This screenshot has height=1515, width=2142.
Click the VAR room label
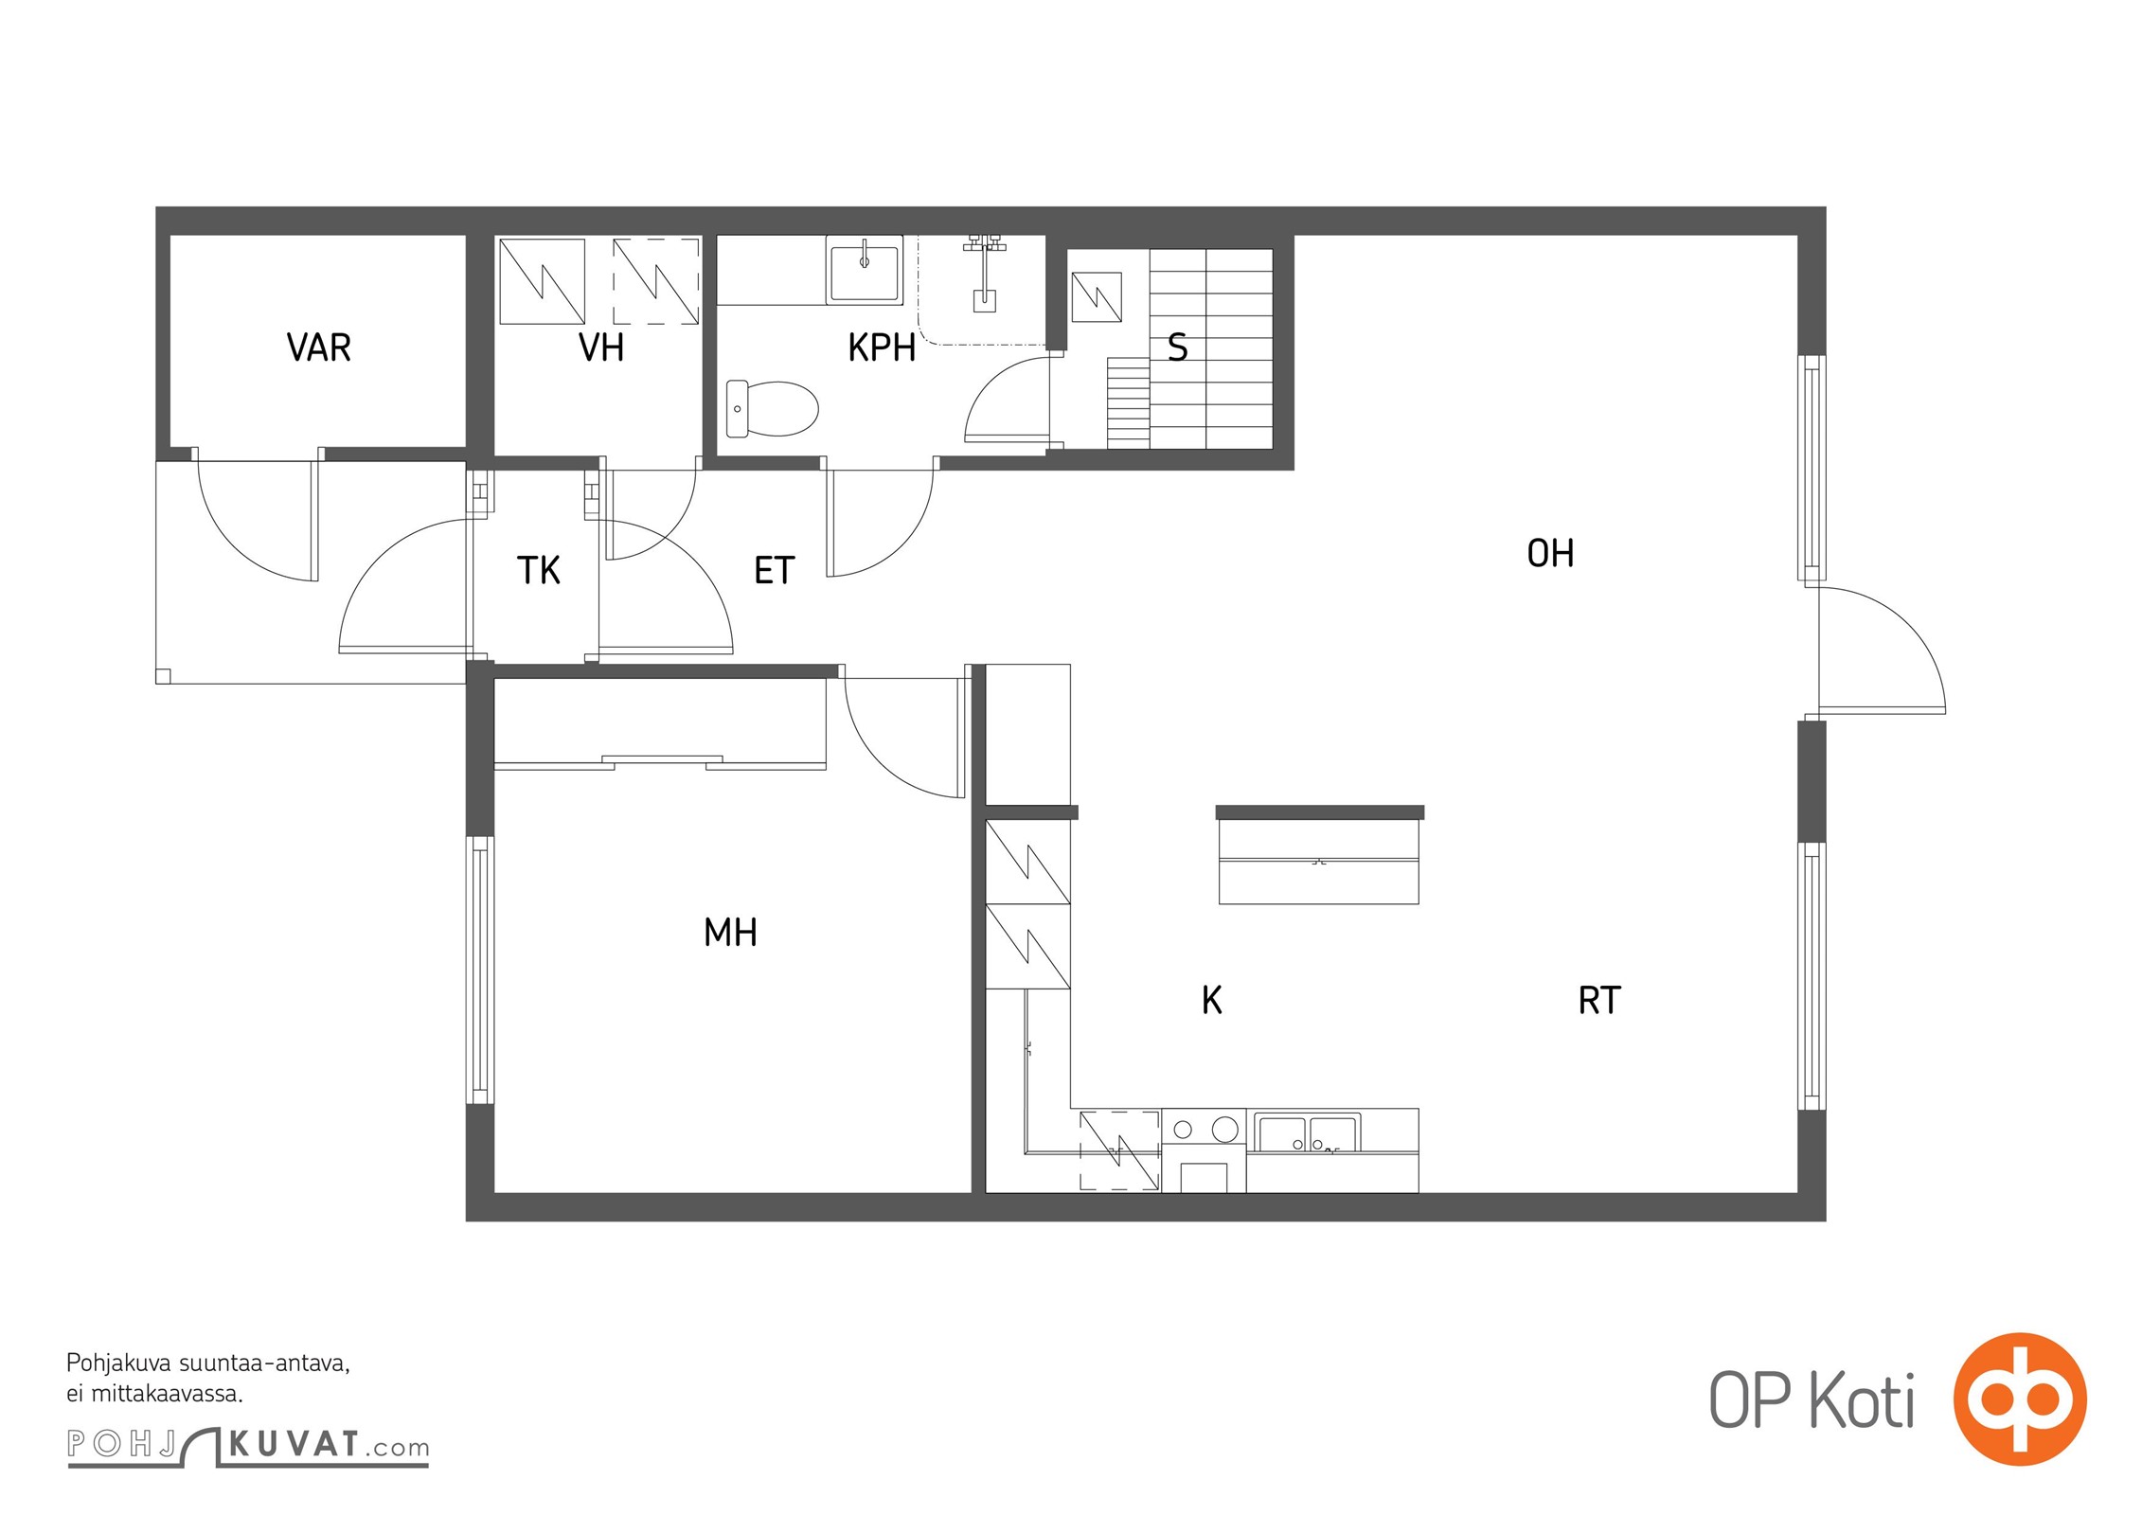coord(319,348)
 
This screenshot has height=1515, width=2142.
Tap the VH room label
coord(601,348)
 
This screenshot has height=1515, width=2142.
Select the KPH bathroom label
coord(882,348)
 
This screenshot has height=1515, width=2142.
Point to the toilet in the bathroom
coord(772,409)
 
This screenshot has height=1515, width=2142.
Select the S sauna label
coord(1178,348)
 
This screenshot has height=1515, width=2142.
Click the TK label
coord(539,570)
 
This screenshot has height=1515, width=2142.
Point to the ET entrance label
coord(774,570)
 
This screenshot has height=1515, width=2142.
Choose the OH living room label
coord(1550,553)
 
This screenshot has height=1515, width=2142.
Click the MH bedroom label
coord(730,933)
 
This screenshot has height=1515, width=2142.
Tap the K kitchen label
coord(1212,1000)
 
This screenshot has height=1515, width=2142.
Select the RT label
coord(1599,1000)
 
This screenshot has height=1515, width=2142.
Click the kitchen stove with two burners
coord(1204,1150)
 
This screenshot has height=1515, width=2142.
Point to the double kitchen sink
coord(1308,1132)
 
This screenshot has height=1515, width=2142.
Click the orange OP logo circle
coord(2020,1399)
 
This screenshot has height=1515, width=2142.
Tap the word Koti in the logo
coord(1863,1400)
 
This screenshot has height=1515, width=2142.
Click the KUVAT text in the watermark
coord(295,1445)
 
